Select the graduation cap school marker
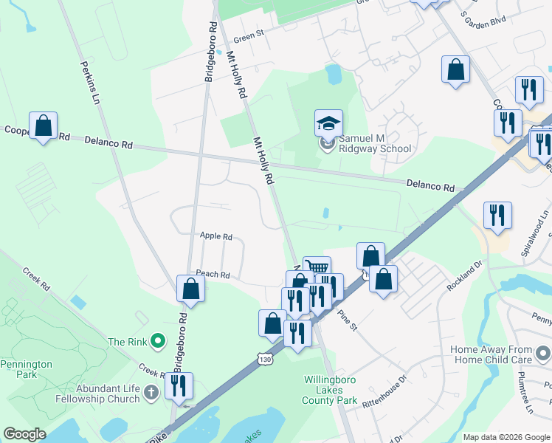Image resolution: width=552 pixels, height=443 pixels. (329, 123)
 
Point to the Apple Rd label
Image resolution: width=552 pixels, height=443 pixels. (216, 236)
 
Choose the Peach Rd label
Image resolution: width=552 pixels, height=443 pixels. (213, 274)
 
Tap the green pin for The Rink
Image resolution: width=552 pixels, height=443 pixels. (157, 341)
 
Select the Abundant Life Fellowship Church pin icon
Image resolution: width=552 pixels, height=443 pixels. (151, 391)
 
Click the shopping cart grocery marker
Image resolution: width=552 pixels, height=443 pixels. (317, 268)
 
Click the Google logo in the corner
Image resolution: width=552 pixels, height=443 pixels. (24, 433)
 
